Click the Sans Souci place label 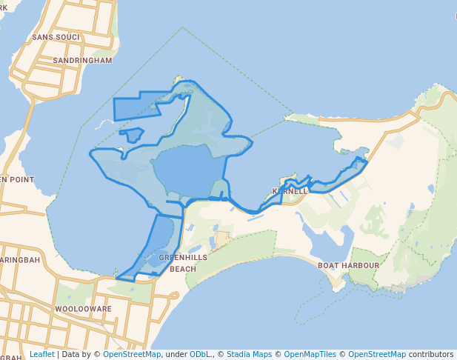click(x=51, y=36)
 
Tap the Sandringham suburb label click(x=83, y=60)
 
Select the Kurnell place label click(x=290, y=191)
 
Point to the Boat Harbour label click(x=348, y=265)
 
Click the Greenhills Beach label click(x=173, y=262)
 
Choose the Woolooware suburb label click(x=83, y=308)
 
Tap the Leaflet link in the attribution click(x=41, y=355)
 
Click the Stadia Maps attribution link click(x=253, y=355)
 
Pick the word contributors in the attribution click(x=430, y=355)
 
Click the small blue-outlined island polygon click(x=132, y=135)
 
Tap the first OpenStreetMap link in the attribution click(x=132, y=355)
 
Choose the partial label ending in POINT click(x=17, y=180)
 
